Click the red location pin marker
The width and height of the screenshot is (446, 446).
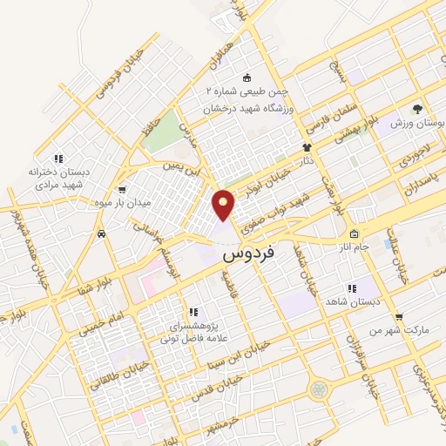coord(224,205)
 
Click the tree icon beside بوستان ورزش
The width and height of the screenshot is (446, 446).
coord(417,110)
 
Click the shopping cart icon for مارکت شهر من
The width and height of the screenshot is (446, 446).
coord(398,316)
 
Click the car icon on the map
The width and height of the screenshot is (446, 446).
coord(103,233)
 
